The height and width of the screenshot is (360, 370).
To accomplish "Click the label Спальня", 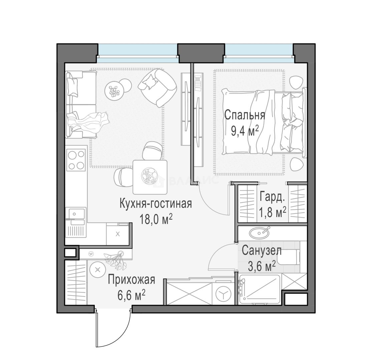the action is point(245,116).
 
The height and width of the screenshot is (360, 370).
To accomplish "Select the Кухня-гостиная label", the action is point(156,204).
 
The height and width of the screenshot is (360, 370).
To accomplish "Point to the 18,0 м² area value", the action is point(156,219).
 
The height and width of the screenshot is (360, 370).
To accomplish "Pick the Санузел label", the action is point(262,251).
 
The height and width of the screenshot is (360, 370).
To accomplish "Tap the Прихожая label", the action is point(131,280).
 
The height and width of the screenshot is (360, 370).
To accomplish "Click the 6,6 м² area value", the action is point(131,295).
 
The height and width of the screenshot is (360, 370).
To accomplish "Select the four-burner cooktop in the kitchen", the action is point(76,160).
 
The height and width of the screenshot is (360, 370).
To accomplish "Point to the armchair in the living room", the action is point(157,87).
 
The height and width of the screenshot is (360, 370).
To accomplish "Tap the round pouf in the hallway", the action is point(97,270).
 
